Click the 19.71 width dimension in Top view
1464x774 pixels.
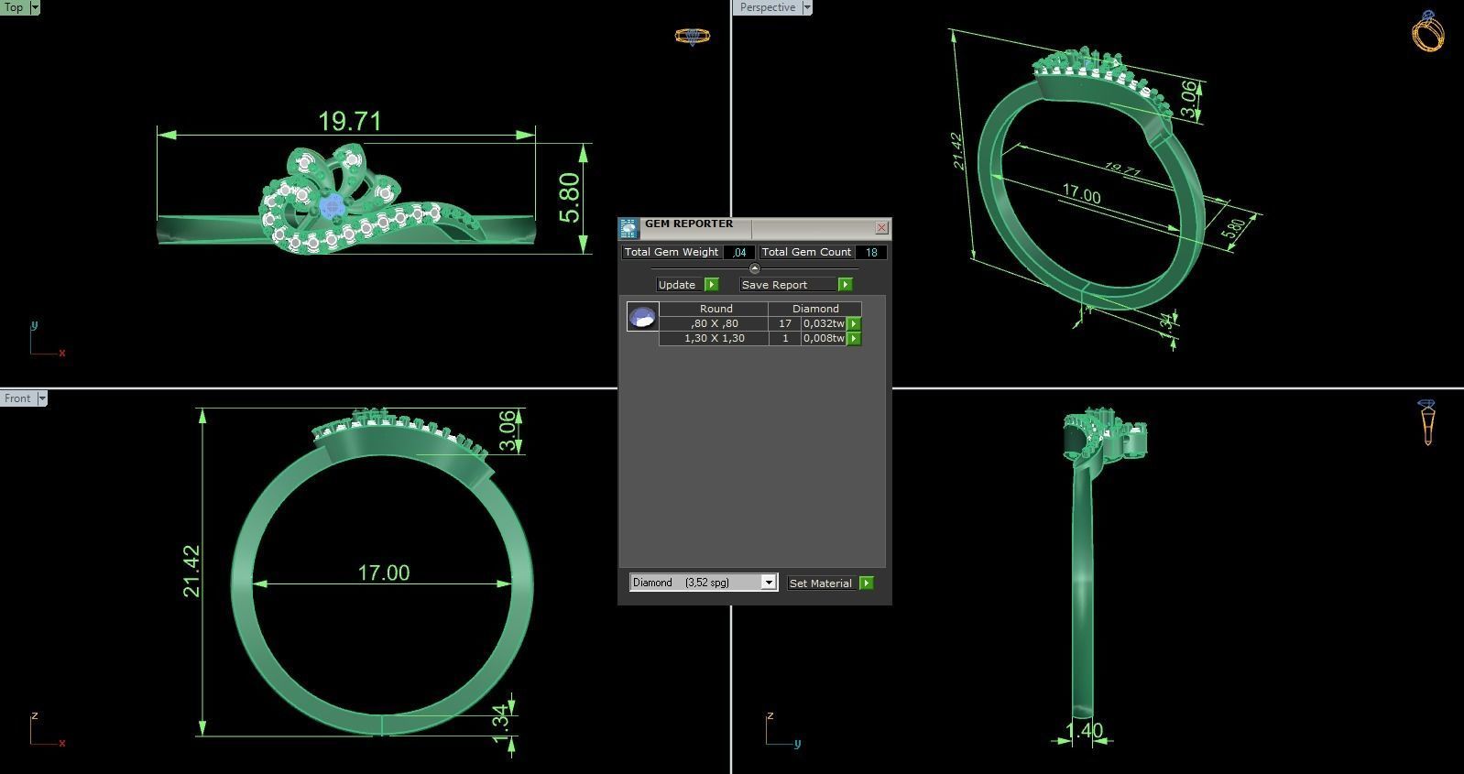[x=349, y=121]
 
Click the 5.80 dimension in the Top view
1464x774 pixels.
[x=569, y=198]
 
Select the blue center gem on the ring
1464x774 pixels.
[x=332, y=206]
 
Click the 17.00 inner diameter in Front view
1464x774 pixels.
[x=383, y=572]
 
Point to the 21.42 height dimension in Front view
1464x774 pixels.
[x=191, y=572]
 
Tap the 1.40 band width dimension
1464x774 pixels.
[x=1085, y=730]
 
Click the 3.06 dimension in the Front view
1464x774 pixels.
[x=507, y=431]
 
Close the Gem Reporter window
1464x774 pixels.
[x=881, y=227]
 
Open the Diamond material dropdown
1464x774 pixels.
[x=769, y=583]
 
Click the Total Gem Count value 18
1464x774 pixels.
[x=870, y=252]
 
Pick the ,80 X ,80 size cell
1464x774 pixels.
[x=715, y=323]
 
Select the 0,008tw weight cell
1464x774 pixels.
[x=823, y=338]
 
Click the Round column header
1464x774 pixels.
[x=716, y=309]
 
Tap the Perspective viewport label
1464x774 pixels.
[x=767, y=7]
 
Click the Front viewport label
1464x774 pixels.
[x=17, y=398]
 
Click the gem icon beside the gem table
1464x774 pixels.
[x=642, y=317]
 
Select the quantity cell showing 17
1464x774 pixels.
[x=784, y=323]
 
